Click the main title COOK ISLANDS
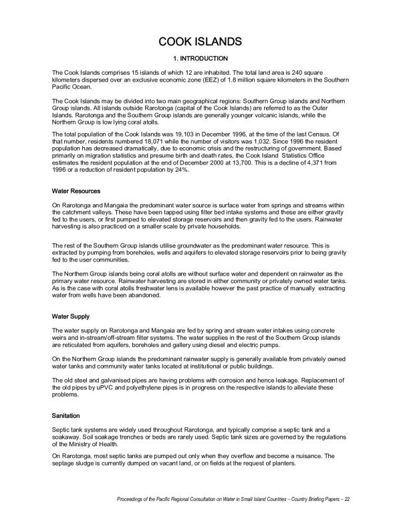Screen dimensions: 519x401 tap(200, 42)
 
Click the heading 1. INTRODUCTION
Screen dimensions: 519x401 tap(200, 58)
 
